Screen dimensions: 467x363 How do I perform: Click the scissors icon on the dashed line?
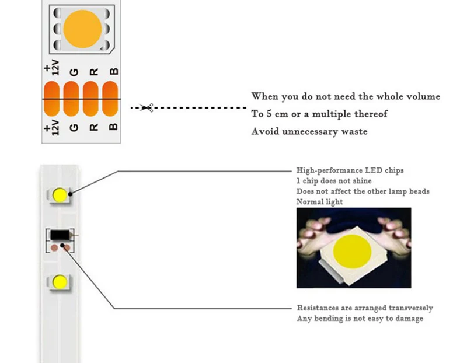tap(147, 107)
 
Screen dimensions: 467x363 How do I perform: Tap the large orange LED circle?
tap(82, 29)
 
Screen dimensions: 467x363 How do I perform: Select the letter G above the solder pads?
tap(74, 72)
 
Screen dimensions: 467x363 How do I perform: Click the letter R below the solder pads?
tap(94, 127)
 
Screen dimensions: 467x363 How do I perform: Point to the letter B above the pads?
tap(114, 71)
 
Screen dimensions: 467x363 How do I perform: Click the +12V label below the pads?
tap(51, 127)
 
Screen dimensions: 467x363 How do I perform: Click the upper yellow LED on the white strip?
tap(60, 195)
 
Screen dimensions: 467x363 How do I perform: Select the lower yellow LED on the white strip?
tap(60, 282)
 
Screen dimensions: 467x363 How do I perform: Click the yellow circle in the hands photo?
tap(352, 252)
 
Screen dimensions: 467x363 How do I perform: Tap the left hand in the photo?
tap(313, 235)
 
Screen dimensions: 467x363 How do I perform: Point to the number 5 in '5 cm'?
tap(269, 114)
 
